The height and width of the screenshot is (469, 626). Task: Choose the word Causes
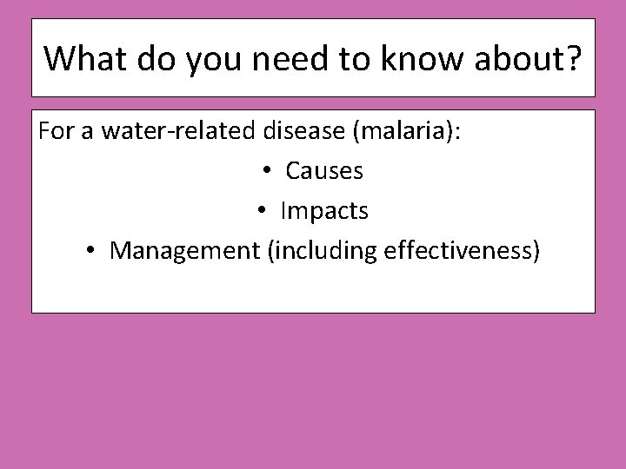pos(323,171)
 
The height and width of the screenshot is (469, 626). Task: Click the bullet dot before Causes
pos(269,172)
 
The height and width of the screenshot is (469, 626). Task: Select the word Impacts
pos(323,211)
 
